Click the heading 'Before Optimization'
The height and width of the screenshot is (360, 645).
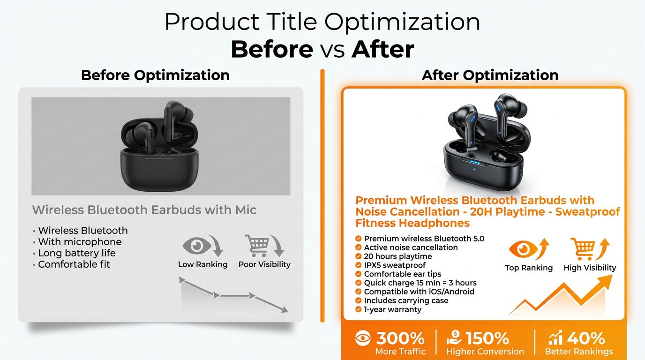[x=155, y=75]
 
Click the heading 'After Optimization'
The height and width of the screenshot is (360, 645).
[x=490, y=75]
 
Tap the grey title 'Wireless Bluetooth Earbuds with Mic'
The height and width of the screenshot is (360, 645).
[x=144, y=210]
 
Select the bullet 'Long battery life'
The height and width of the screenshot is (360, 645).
[x=76, y=253]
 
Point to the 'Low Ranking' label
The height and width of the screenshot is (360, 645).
[x=202, y=264]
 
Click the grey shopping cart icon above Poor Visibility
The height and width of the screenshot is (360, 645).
[x=257, y=245]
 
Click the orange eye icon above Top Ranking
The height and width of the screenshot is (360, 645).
[x=522, y=249]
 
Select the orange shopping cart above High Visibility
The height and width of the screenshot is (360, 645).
[x=583, y=249]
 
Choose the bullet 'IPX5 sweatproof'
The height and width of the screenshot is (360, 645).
[x=394, y=265]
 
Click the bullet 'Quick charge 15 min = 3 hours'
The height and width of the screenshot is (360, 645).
[x=420, y=283]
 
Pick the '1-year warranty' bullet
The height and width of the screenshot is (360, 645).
[x=392, y=309]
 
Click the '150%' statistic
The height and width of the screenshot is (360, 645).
[x=487, y=338]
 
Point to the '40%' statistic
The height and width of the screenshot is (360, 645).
[x=586, y=338]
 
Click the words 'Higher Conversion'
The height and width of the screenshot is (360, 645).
[x=485, y=352]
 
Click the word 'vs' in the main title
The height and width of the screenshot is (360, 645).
[x=332, y=50]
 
